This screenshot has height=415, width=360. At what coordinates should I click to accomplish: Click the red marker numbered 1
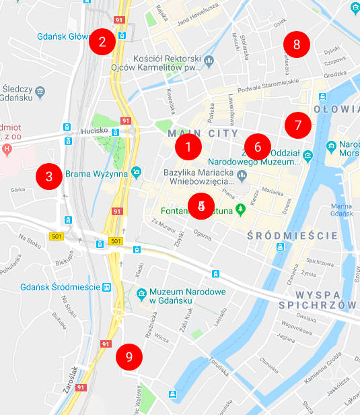pos(188,146)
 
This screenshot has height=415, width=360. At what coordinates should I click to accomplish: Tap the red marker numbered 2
pos(102,42)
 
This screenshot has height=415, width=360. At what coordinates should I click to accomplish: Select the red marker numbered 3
pos(49,177)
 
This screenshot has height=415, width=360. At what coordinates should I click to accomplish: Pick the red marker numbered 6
pos(258,146)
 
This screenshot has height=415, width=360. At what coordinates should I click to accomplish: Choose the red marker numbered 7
pos(298,125)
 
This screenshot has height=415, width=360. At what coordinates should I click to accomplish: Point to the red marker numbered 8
pos(297,45)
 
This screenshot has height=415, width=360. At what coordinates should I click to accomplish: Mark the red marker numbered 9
pos(129,356)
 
